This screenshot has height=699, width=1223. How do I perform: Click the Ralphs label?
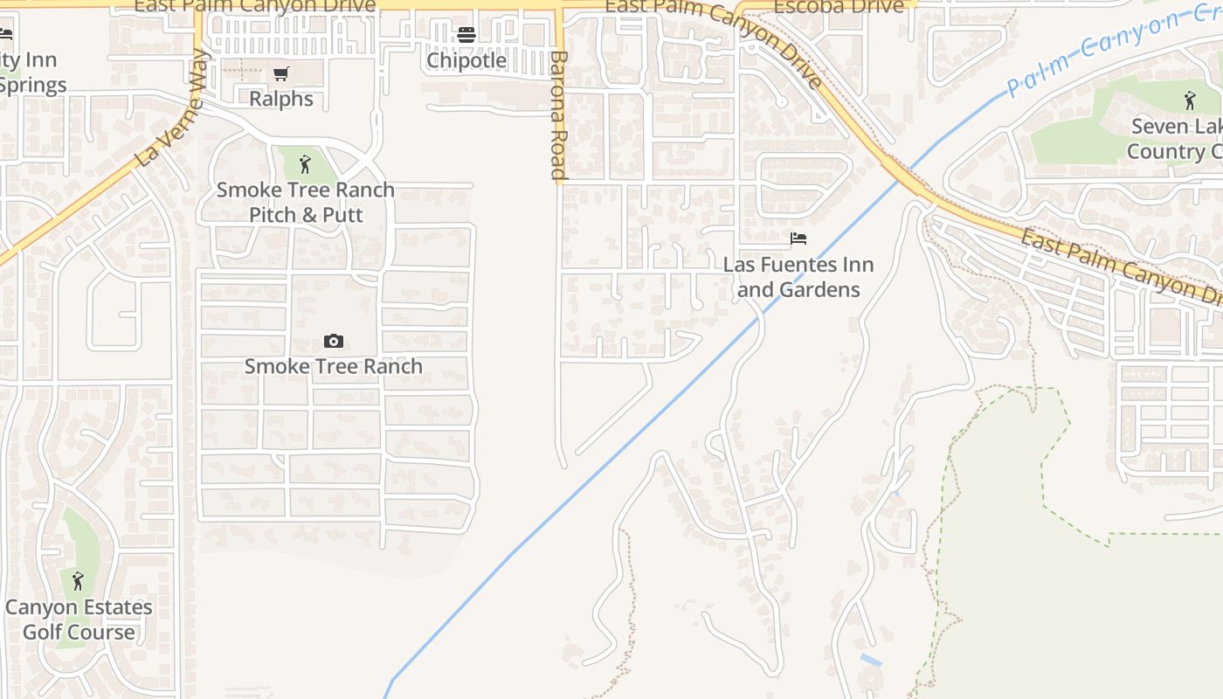280,99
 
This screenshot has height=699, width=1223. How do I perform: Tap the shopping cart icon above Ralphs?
280,74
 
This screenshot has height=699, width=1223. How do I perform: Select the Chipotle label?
466,60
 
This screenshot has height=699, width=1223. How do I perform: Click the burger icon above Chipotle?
466,35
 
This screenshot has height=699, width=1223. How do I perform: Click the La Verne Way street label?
174,108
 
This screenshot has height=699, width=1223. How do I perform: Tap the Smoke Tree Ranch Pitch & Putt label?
306,202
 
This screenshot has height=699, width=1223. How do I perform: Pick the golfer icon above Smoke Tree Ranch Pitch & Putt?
305,163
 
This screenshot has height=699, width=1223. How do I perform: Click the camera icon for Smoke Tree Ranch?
333,341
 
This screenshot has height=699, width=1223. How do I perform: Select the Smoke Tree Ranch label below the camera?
333,366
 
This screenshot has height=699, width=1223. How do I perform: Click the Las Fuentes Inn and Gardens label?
798,276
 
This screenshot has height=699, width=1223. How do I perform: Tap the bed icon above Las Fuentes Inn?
798,239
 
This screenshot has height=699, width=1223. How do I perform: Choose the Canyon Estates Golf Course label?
79,619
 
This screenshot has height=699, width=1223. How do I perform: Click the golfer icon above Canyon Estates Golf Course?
78,580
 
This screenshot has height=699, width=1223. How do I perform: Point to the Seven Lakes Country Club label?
1175,139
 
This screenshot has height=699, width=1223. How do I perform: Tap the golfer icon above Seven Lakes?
1189,100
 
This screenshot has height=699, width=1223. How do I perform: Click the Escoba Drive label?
839,7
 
